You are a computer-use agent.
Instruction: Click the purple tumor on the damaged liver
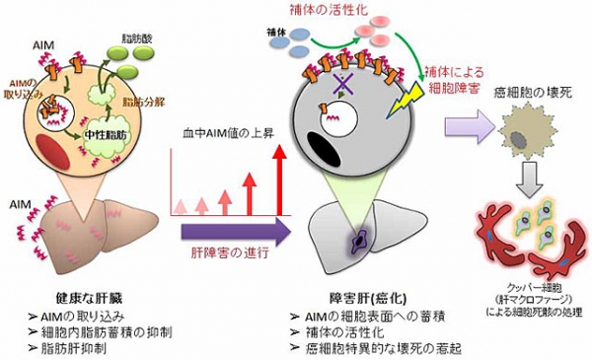point(353,240)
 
